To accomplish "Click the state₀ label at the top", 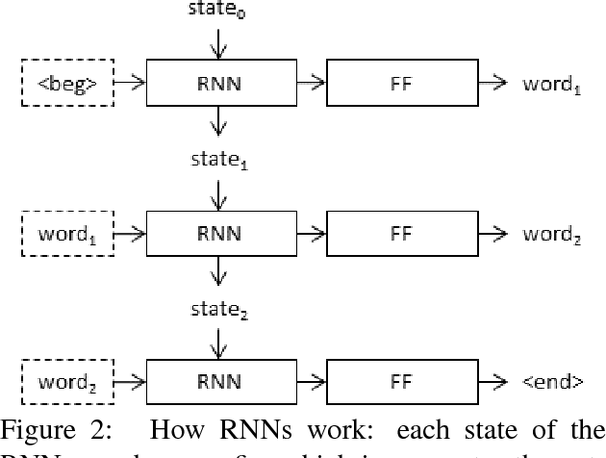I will pos(221,12).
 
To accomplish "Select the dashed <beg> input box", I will pos(66,82).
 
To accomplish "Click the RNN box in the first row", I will pos(221,82).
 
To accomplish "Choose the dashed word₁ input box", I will pos(66,232).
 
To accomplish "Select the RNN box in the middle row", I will pos(221,232).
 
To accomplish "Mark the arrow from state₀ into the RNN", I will pos(221,42).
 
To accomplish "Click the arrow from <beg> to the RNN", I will pos(130,82).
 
